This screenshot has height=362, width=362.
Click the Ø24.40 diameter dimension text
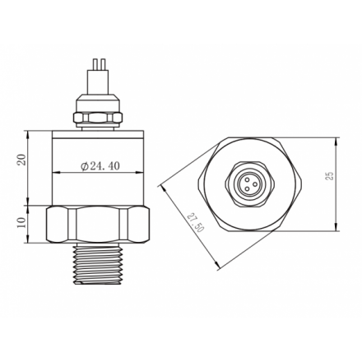pos(100,166)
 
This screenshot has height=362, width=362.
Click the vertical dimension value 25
pos(330,176)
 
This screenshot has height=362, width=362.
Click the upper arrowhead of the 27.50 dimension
pos(162,183)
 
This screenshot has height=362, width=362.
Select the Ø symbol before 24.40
pos(85,166)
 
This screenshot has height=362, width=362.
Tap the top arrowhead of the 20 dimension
pos(30,132)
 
